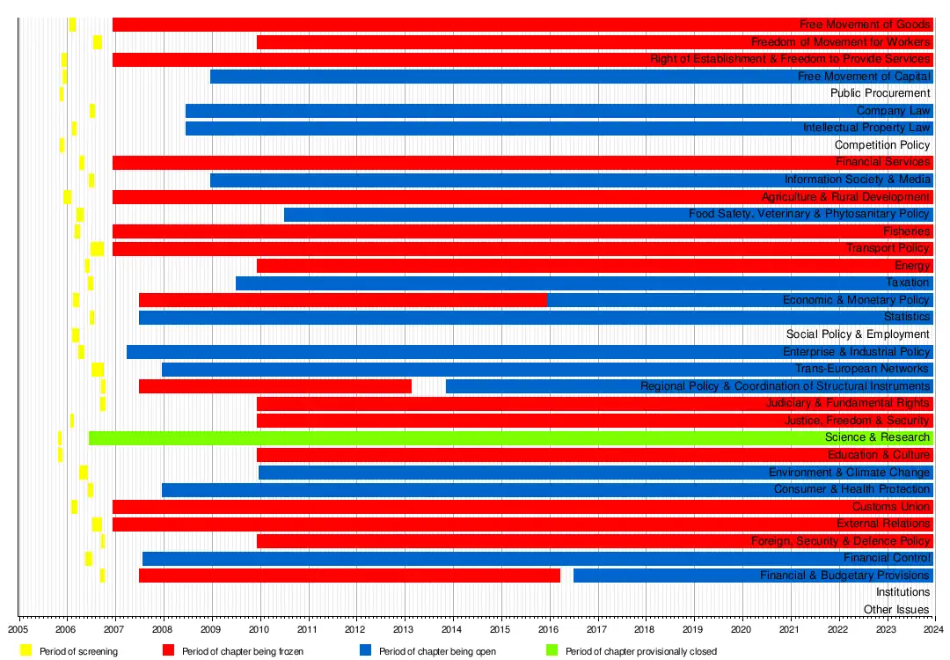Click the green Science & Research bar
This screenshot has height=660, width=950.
440,438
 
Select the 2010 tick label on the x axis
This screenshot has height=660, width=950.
259,629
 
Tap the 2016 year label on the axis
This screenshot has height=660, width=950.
548,629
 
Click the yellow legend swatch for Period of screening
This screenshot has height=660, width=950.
26,651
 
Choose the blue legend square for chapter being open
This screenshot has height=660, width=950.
364,651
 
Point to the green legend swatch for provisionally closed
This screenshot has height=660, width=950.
552,651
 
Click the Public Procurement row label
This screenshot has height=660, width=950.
880,93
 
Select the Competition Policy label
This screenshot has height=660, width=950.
881,145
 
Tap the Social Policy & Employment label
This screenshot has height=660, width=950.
858,334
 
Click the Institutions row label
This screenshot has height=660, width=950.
902,592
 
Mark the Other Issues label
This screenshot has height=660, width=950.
896,610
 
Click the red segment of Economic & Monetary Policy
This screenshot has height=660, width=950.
343,300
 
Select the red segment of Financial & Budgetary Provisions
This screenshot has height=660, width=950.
349,576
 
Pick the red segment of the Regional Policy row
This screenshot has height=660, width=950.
274,386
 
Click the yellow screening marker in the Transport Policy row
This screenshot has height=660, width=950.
97,249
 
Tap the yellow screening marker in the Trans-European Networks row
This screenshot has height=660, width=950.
98,370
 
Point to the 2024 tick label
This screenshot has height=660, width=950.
933,629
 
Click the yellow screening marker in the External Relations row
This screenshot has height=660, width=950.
97,524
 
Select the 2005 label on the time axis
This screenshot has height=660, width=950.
19,629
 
